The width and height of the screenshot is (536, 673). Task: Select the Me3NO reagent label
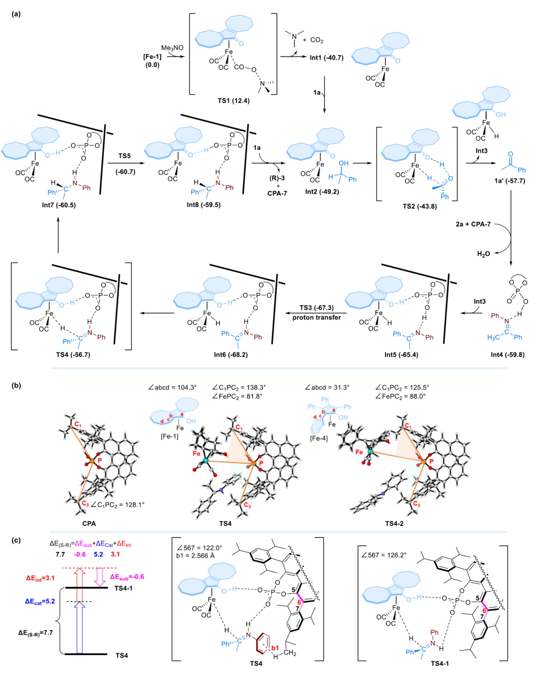pos(172,48)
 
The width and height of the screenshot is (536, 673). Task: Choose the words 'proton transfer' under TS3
pos(317,318)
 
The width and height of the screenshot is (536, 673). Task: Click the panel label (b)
pos(16,385)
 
